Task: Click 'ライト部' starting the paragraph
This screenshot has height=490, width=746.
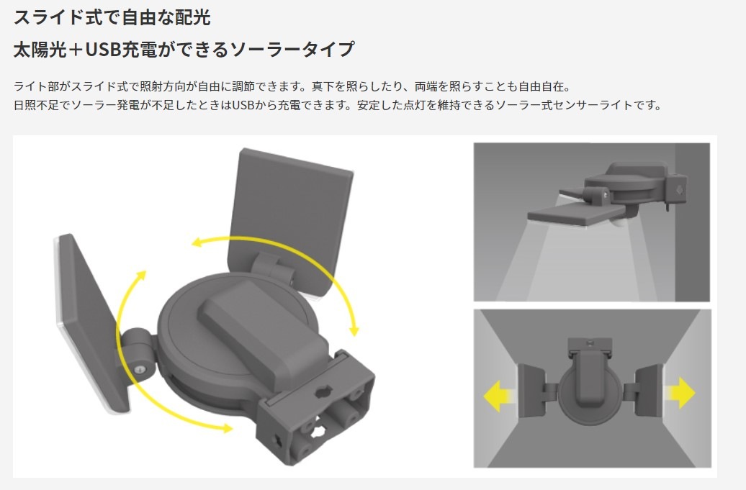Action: point(35,86)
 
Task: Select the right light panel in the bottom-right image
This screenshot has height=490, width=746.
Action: point(648,391)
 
